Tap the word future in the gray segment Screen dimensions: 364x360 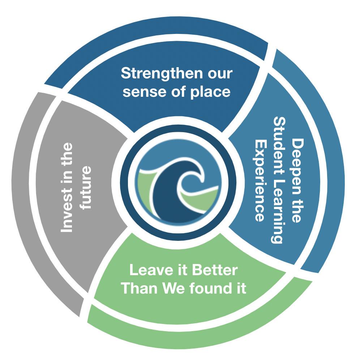pyautogui.click(x=86, y=181)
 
